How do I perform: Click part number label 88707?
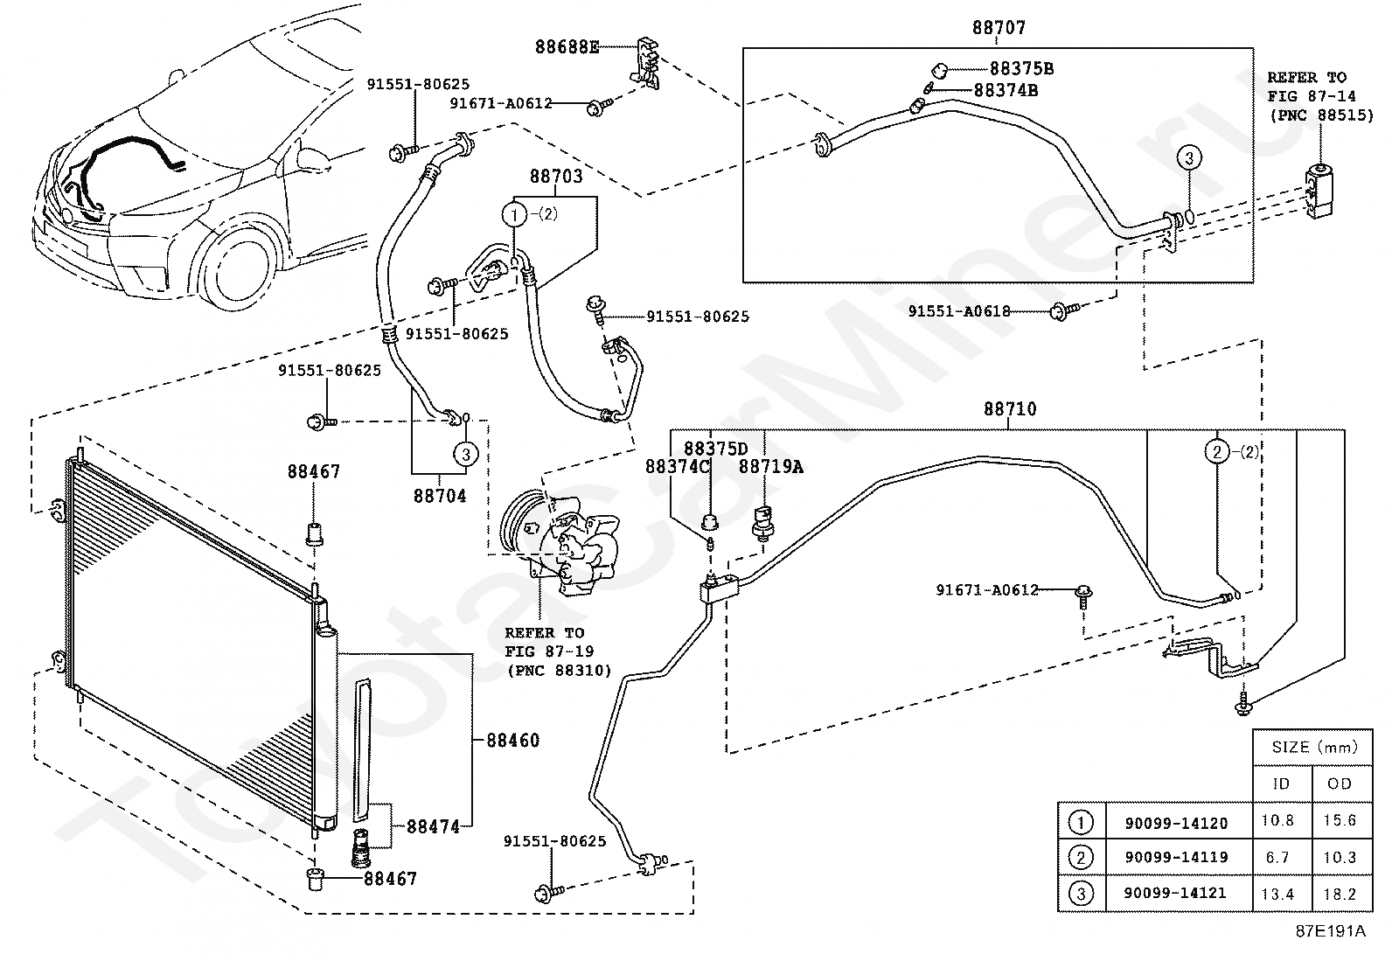tap(999, 27)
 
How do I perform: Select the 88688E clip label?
tap(567, 46)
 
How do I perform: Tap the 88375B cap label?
tap(1021, 68)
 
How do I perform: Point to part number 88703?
tap(556, 176)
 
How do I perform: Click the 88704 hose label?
tap(440, 496)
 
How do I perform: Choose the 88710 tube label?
tap(1010, 408)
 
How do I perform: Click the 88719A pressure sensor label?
tap(770, 466)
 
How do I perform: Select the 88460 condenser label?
tap(512, 740)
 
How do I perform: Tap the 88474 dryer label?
tap(433, 826)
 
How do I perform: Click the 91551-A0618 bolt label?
tap(959, 310)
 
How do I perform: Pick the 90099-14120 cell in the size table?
tap(1176, 823)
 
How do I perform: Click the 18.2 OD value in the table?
tap(1340, 894)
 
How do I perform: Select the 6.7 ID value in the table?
tap(1277, 857)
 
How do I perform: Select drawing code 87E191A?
tap(1331, 930)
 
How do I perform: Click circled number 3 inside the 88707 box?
tap(1189, 157)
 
